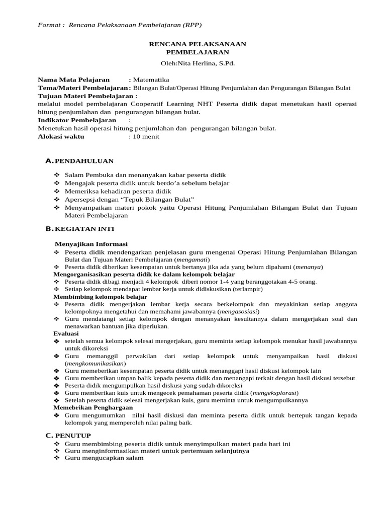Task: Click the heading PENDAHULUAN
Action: [x=84, y=161]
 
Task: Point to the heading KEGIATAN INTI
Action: [x=84, y=229]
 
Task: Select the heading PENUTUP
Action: [x=73, y=435]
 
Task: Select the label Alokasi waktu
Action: [x=61, y=136]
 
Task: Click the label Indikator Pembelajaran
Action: [x=77, y=120]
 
